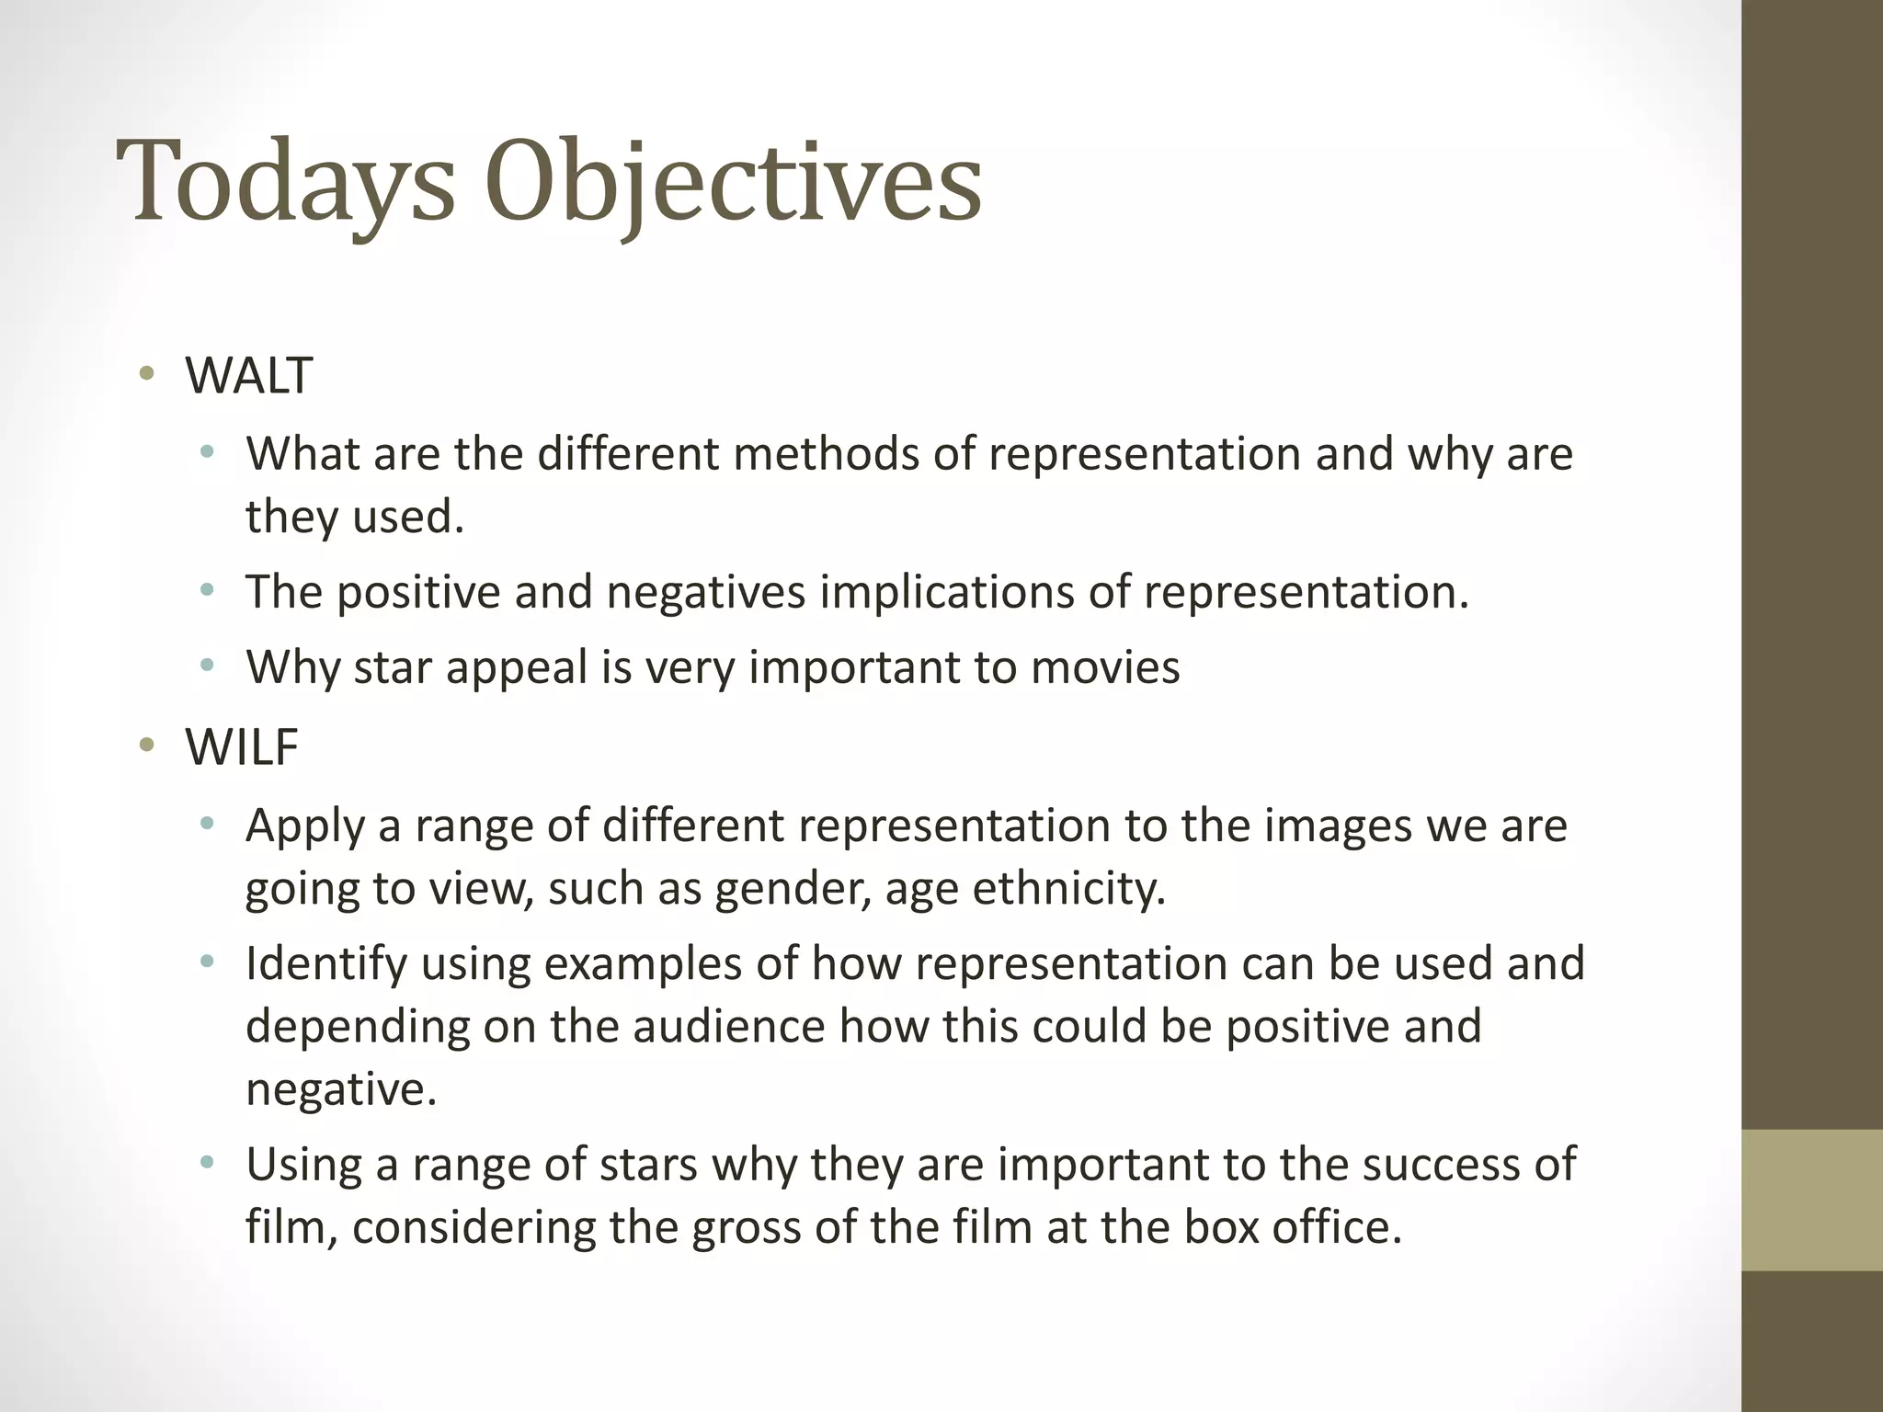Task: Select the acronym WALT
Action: (248, 376)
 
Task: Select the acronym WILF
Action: (242, 746)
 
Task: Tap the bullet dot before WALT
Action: (145, 373)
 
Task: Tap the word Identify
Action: (325, 964)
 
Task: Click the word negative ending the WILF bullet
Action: (340, 1088)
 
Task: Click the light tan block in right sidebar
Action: (1811, 1201)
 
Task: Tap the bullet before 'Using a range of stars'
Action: (207, 1163)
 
